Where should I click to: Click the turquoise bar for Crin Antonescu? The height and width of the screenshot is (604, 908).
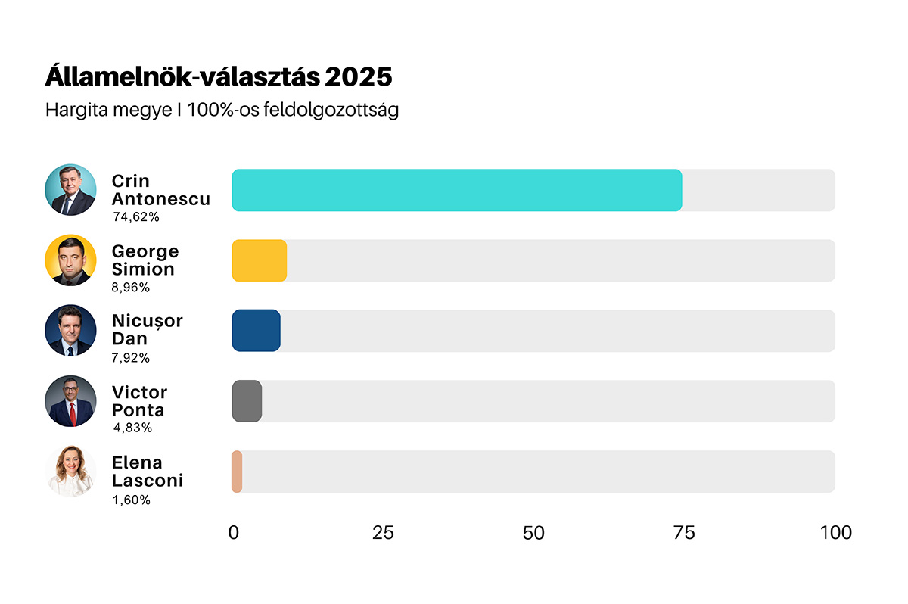[x=456, y=190]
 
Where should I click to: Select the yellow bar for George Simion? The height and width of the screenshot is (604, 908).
[x=259, y=260]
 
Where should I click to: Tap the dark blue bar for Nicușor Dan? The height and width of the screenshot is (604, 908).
[x=256, y=331]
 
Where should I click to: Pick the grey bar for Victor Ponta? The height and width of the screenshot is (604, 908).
[x=247, y=401]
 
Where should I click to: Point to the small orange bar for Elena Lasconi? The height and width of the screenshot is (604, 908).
[x=237, y=472]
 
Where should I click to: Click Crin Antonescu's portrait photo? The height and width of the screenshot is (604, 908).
[x=71, y=190]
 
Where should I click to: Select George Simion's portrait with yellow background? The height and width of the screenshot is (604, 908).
[x=71, y=260]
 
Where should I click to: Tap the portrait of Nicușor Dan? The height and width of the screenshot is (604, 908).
[x=71, y=331]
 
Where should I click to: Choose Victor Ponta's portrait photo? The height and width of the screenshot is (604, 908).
[x=71, y=401]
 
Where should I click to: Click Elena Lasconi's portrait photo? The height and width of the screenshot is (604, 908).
[x=71, y=472]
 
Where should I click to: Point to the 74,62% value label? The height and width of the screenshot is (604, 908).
[x=136, y=217]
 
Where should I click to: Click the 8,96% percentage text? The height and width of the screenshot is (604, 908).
[x=131, y=288]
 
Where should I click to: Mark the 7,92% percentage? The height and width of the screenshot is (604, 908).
[x=131, y=358]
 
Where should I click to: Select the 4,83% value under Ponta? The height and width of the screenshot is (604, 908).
[x=132, y=428]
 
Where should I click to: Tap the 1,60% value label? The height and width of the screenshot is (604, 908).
[x=131, y=500]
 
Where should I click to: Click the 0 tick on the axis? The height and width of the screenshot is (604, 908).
[x=233, y=533]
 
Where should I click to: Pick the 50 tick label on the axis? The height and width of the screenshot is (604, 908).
[x=533, y=533]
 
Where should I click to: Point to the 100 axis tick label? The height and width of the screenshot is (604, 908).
[x=835, y=533]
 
